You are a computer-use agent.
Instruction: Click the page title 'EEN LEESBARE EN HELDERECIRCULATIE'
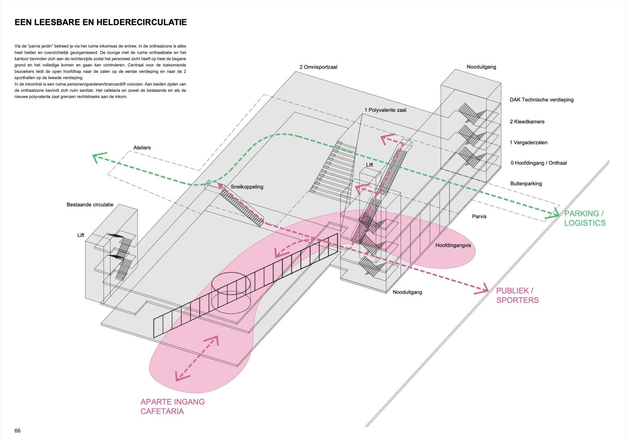101,22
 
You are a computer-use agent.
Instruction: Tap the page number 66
18,431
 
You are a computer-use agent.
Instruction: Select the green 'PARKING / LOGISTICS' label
584,218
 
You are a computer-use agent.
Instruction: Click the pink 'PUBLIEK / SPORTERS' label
517,295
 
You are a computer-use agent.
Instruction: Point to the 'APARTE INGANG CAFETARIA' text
172,406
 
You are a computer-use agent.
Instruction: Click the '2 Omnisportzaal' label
318,67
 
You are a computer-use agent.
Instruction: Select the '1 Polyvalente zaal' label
385,110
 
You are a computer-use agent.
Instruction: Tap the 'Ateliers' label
142,148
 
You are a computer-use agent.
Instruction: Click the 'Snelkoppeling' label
247,187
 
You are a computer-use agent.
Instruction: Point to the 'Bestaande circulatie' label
90,205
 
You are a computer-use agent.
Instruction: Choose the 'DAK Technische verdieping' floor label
541,99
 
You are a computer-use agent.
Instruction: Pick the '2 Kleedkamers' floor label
527,122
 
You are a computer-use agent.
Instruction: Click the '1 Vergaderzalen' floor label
528,142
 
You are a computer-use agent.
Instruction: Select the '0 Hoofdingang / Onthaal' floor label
538,163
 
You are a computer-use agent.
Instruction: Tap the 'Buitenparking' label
526,183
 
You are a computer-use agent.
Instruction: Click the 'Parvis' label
479,216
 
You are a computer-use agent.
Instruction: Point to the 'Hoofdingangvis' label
453,245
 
